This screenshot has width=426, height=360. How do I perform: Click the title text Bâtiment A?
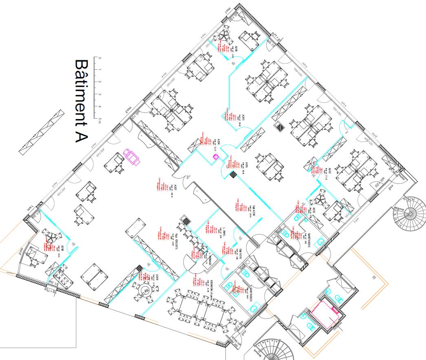82,101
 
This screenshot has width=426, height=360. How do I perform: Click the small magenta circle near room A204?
216,157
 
